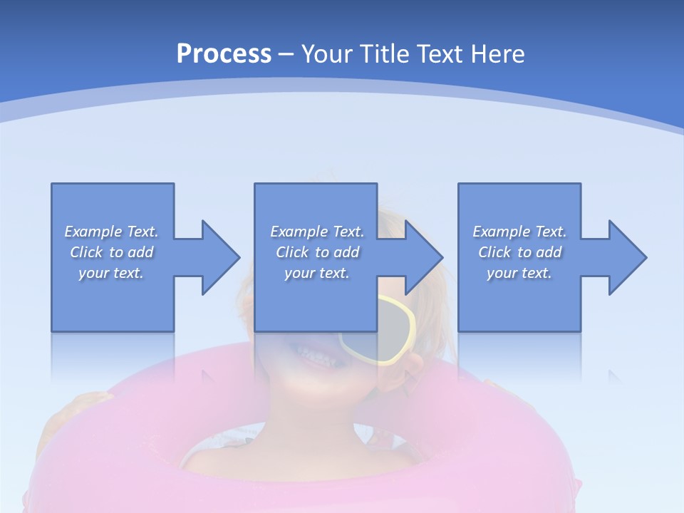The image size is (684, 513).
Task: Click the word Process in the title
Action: point(224,54)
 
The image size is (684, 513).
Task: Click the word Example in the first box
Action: point(93,232)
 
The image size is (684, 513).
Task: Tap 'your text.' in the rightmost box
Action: point(519,273)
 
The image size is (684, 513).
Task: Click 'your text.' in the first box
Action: point(111,273)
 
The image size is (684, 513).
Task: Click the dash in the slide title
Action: point(286,54)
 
